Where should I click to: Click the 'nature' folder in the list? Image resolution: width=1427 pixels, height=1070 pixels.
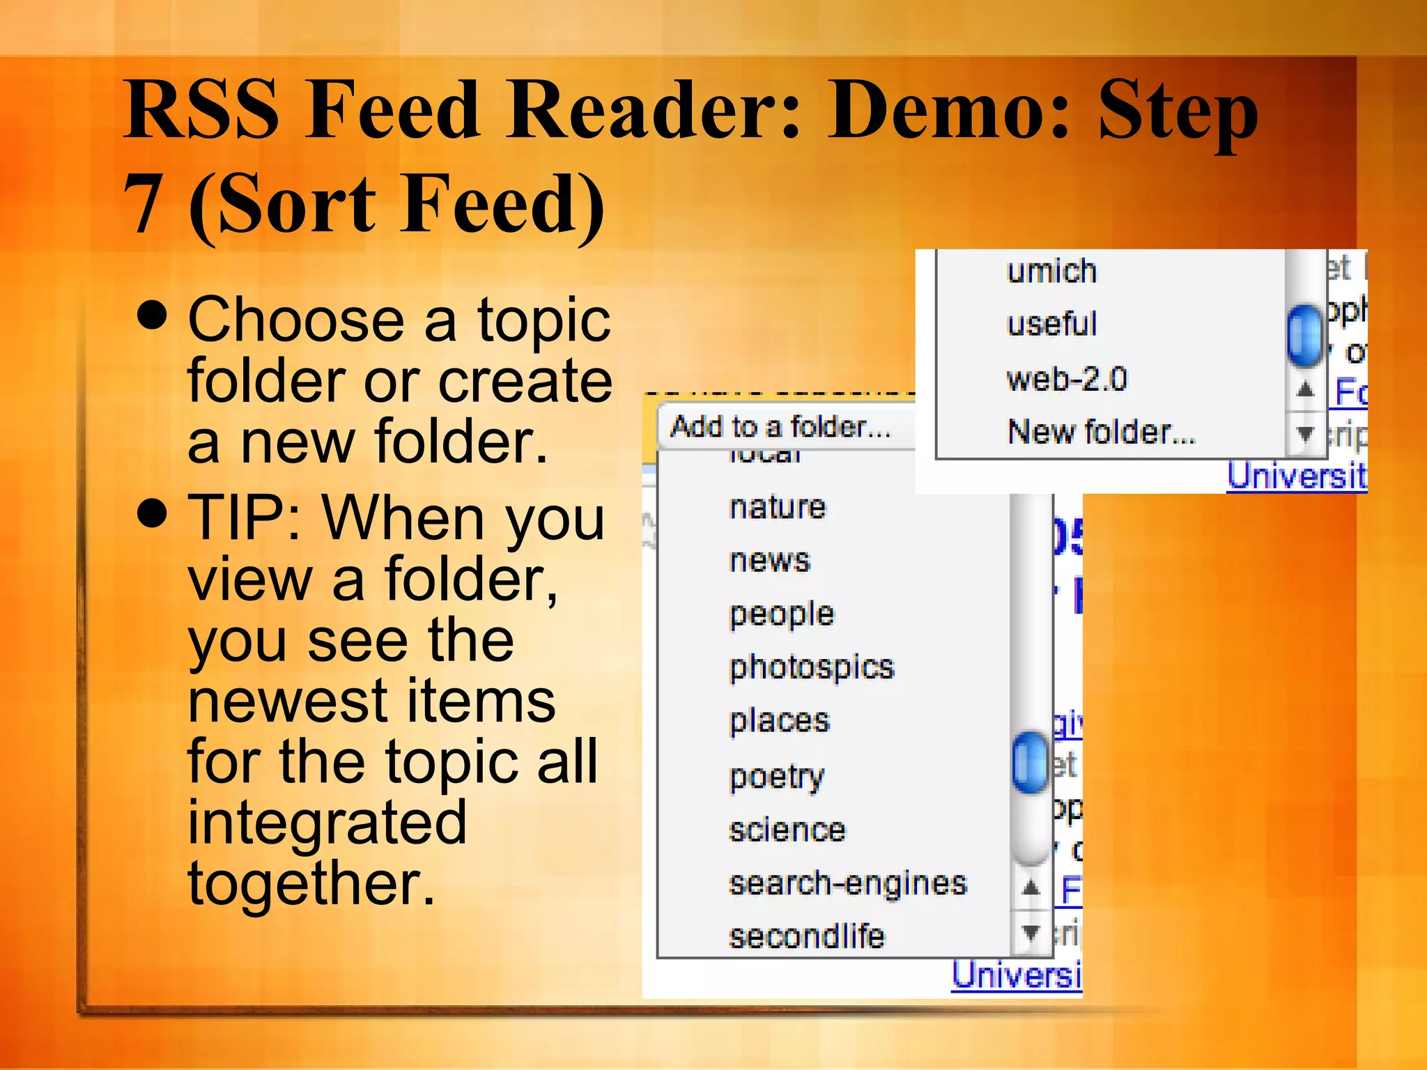click(x=777, y=507)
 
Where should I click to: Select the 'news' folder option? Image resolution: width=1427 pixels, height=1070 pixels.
click(x=769, y=561)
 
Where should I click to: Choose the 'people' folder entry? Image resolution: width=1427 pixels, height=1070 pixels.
click(x=781, y=614)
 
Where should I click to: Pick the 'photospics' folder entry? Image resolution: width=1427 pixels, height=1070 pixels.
click(x=811, y=667)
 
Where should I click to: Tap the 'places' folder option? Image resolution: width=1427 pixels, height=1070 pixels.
click(x=779, y=721)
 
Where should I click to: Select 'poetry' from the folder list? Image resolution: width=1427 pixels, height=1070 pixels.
click(x=776, y=776)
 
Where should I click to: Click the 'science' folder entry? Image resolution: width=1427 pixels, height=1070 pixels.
click(x=787, y=830)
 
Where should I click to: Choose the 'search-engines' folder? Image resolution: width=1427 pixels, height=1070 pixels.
click(x=847, y=883)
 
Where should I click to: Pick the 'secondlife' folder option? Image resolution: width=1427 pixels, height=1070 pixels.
click(x=806, y=936)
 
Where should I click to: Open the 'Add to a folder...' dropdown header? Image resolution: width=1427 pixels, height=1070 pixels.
click(x=780, y=426)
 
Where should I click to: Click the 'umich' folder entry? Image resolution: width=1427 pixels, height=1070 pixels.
click(x=1051, y=270)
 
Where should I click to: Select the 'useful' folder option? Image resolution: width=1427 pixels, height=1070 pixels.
click(x=1051, y=324)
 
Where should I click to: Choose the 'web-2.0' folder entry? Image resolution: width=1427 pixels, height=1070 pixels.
click(x=1066, y=379)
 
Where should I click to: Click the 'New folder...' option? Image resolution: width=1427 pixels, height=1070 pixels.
click(x=1101, y=432)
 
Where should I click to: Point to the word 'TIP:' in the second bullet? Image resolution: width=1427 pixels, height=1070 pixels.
click(x=245, y=518)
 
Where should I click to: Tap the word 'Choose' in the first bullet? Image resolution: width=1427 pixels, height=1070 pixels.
click(x=296, y=320)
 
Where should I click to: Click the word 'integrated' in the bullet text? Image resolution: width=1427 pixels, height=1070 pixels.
click(x=327, y=823)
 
